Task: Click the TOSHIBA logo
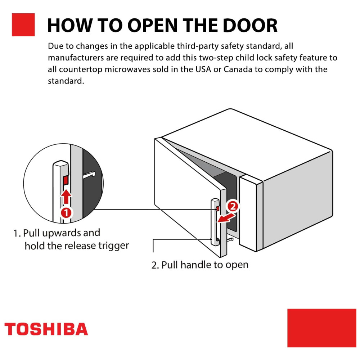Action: tap(46, 329)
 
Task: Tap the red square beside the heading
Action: tap(23, 25)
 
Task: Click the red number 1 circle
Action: tap(66, 212)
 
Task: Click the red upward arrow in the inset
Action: tap(66, 197)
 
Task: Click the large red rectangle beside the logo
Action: tap(321, 328)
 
